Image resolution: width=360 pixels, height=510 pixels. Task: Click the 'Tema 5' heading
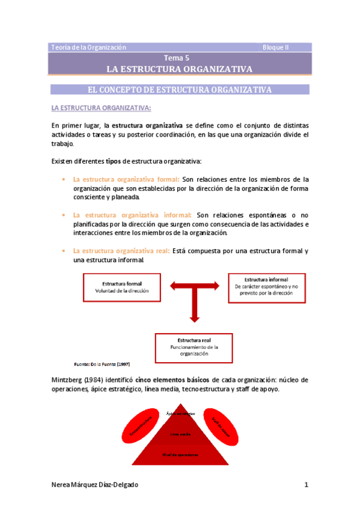coord(180,58)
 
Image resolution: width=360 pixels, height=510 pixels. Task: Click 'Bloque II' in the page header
coord(276,47)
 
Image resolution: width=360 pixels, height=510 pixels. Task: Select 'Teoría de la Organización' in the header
coord(89,47)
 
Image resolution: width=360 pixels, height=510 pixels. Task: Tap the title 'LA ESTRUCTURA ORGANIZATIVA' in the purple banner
coord(179,69)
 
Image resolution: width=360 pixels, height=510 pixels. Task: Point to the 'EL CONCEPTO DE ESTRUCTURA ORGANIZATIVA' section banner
coord(180,90)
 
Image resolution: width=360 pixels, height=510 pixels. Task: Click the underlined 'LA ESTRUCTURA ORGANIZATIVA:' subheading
coord(102,108)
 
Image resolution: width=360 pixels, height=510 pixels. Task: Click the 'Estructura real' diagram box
coord(190,347)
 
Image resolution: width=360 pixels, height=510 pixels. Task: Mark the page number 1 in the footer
coord(307,485)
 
